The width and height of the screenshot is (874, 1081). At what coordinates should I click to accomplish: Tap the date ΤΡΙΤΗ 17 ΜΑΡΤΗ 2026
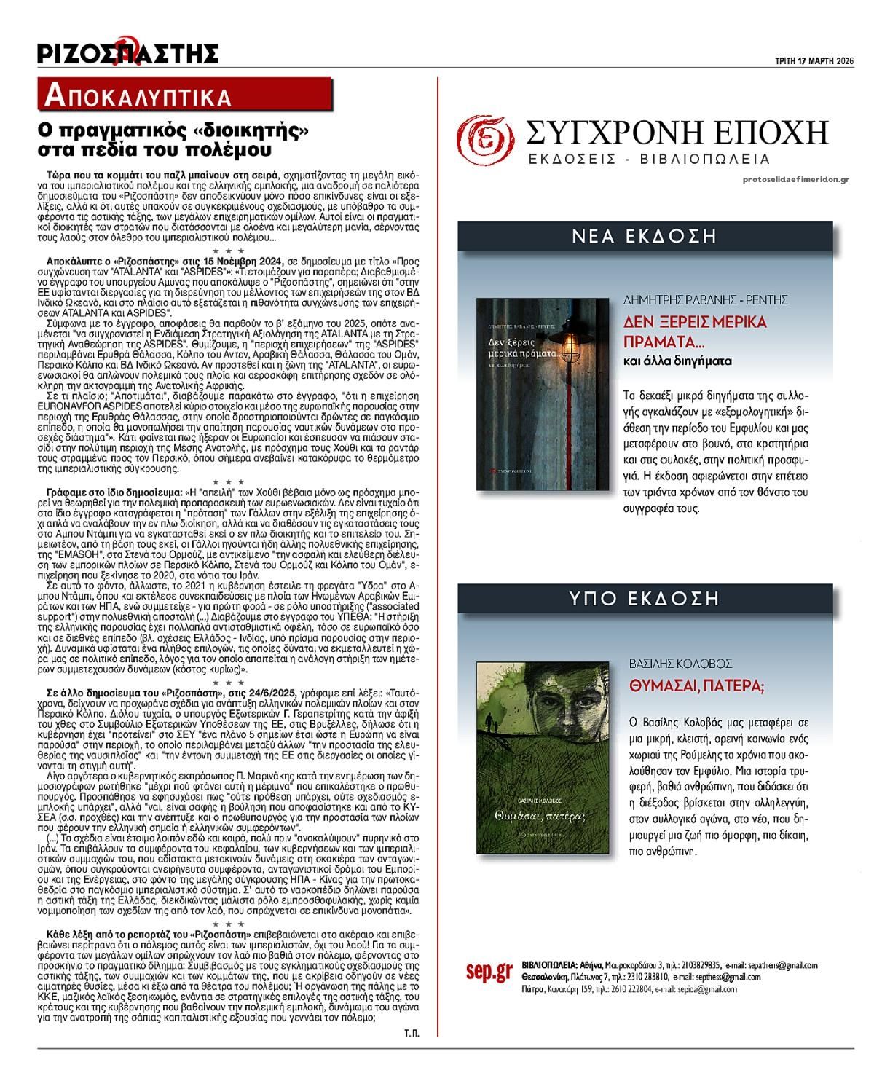point(813,60)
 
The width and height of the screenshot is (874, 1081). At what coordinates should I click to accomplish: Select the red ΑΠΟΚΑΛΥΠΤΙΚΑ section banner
point(186,95)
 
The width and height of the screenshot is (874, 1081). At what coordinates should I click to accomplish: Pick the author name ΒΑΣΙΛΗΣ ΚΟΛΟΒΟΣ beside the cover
point(680,664)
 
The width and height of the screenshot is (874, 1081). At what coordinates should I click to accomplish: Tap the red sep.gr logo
point(489,972)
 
